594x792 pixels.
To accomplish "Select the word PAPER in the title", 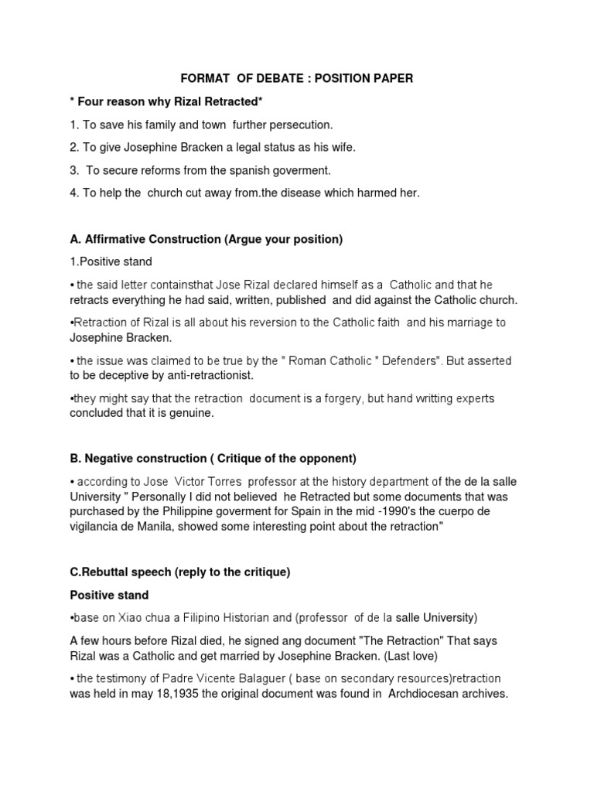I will coord(391,78).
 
